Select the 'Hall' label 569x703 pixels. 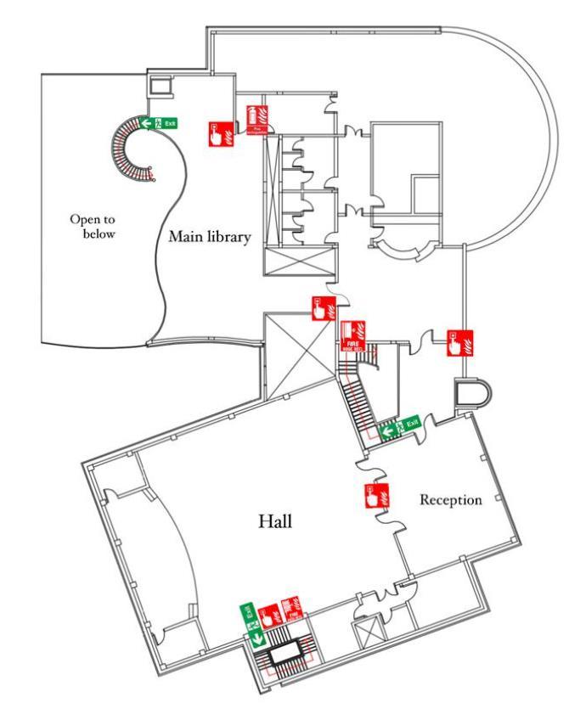coord(275,521)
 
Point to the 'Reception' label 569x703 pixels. coord(451,500)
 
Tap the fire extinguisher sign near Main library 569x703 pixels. coord(256,120)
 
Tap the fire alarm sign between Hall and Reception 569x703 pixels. coord(375,497)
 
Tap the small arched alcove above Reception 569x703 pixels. coord(470,393)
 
